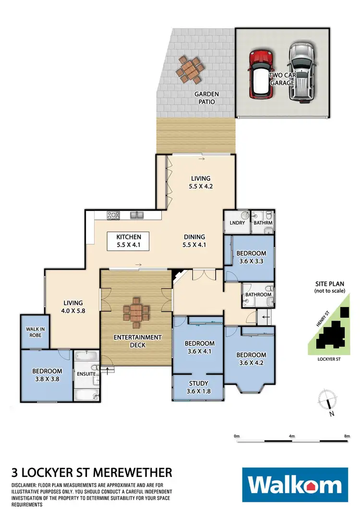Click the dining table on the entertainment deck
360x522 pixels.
[136, 313]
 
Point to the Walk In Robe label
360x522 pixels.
[35, 332]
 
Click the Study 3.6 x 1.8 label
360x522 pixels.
[197, 387]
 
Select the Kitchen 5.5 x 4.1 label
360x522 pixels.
[128, 240]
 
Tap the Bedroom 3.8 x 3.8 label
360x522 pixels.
[47, 375]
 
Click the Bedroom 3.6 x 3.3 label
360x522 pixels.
[252, 258]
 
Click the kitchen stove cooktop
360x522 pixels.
[114, 215]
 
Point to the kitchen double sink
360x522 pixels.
[136, 215]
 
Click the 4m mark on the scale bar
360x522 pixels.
[292, 436]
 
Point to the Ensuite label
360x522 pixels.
[86, 373]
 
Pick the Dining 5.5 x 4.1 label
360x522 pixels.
[194, 240]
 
